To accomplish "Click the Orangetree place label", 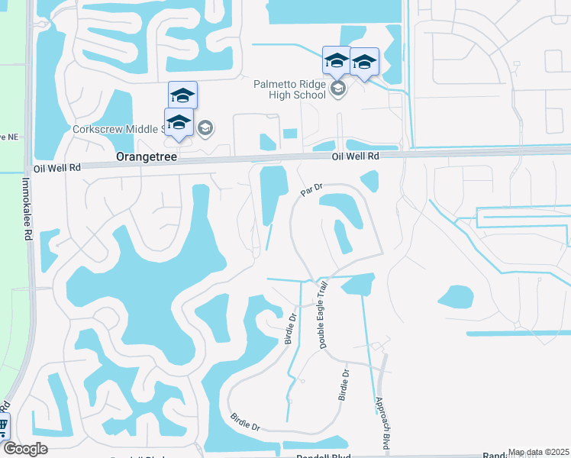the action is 146,156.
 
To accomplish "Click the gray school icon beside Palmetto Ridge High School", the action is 339,90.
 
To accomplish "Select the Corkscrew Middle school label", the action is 118,130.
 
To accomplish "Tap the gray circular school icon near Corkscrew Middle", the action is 205,127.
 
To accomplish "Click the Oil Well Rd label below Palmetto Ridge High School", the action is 355,156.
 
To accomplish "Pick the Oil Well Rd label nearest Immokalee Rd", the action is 57,167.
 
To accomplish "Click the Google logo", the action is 25,449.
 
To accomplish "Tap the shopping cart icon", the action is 3,425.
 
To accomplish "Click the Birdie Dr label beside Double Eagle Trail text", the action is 290,327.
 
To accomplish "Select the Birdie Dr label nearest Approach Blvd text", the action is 344,385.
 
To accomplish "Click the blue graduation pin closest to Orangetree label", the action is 178,124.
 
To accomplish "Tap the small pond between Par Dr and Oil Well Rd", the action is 369,181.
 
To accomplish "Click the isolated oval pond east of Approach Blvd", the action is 456,296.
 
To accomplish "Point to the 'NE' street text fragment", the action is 9,137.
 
